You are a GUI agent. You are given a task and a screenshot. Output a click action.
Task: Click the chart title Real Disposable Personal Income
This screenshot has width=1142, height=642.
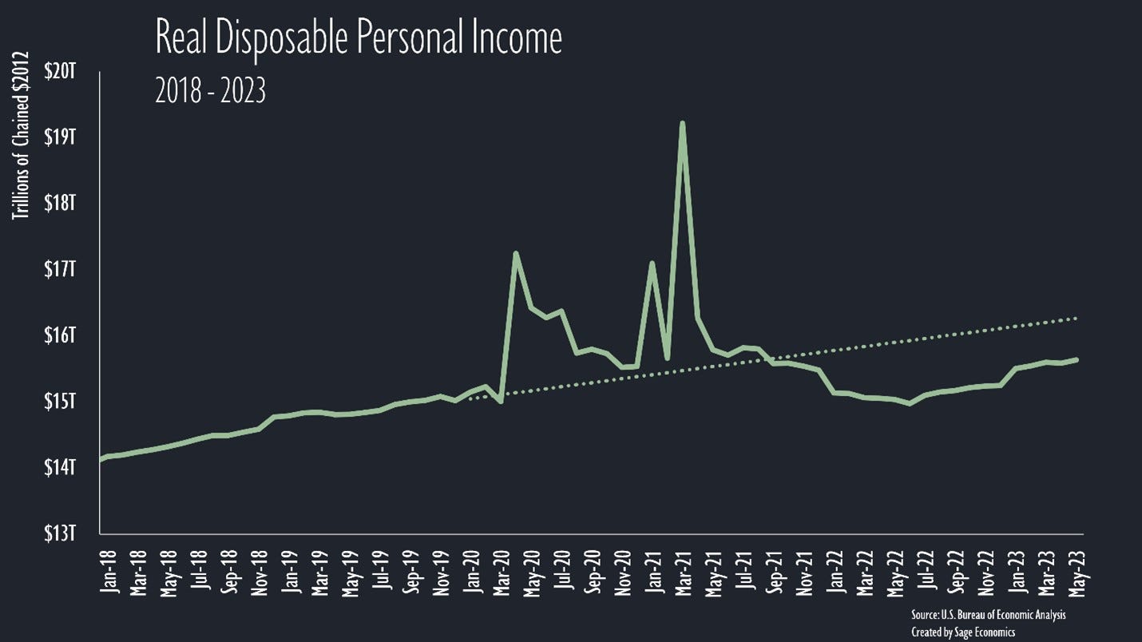pos(359,38)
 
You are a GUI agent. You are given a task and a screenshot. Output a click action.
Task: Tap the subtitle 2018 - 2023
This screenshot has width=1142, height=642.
pos(210,93)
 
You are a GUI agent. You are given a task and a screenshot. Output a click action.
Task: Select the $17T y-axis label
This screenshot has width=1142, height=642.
pos(59,269)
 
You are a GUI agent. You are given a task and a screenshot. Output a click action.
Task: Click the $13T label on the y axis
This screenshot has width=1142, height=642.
pos(59,533)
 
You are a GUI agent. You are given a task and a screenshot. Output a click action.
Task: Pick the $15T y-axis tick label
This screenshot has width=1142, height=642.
pos(59,401)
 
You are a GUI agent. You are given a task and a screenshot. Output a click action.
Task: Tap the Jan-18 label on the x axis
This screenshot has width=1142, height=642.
pos(109,573)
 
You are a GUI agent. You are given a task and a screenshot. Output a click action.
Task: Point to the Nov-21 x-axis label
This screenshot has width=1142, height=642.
pos(807,573)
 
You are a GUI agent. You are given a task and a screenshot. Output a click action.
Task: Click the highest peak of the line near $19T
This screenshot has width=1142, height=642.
pos(682,123)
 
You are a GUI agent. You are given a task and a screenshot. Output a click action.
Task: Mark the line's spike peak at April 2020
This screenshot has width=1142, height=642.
pos(516,253)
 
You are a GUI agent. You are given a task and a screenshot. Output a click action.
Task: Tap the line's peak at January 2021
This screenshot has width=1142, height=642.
pos(652,263)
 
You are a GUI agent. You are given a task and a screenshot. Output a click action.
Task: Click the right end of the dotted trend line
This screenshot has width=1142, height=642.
pos(1079,318)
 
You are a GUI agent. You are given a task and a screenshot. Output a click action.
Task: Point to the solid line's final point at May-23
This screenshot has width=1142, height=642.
pos(1079,359)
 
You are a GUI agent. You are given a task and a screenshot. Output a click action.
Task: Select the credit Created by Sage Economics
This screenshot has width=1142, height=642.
pos(963,632)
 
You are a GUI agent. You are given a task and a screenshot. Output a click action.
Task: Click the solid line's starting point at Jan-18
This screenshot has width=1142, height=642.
pos(101,459)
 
